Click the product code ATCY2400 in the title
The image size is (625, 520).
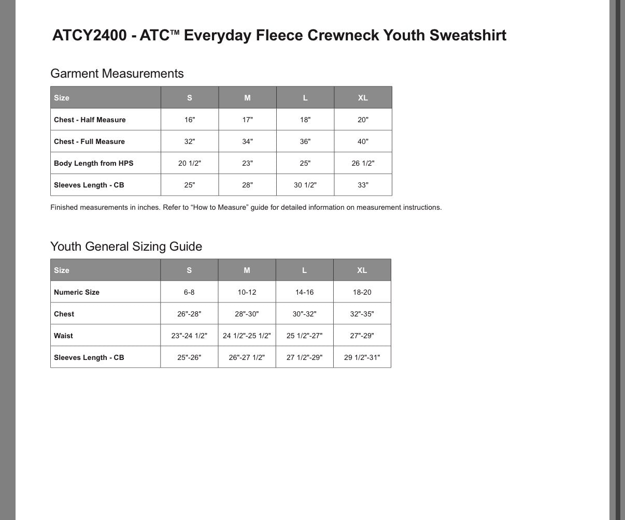pyautogui.click(x=89, y=35)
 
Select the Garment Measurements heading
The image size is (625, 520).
pyautogui.click(x=117, y=74)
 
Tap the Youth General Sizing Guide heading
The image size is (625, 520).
pyautogui.click(x=126, y=247)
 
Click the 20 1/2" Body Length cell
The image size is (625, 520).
pyautogui.click(x=190, y=163)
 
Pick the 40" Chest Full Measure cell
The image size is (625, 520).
pyautogui.click(x=363, y=141)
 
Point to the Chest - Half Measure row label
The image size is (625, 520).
pyautogui.click(x=90, y=120)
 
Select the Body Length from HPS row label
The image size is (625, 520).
pyautogui.click(x=93, y=163)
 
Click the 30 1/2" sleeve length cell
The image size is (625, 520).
pyautogui.click(x=305, y=185)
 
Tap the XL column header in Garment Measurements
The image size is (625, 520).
pyautogui.click(x=363, y=98)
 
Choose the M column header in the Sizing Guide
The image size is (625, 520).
pyautogui.click(x=247, y=270)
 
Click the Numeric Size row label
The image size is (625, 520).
pyautogui.click(x=77, y=292)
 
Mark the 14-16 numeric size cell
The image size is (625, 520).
pyautogui.click(x=304, y=292)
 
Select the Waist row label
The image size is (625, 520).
pyautogui.click(x=63, y=336)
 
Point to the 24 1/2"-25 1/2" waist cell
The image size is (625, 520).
pyautogui.click(x=247, y=336)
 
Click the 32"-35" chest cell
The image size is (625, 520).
pyautogui.click(x=362, y=314)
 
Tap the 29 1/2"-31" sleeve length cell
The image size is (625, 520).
pyautogui.click(x=362, y=357)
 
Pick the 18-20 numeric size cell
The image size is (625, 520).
pyautogui.click(x=362, y=292)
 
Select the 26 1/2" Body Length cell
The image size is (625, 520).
pyautogui.click(x=363, y=163)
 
